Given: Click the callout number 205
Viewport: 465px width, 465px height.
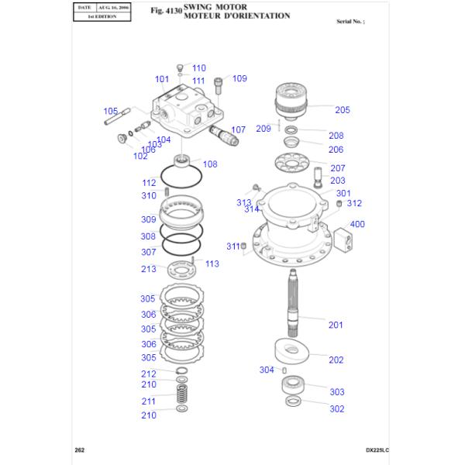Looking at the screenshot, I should point(343,109).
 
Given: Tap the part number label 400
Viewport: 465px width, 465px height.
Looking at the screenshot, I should point(357,225).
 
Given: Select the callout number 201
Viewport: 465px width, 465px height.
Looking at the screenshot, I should point(336,325).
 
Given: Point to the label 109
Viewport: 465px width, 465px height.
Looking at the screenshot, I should point(239,78).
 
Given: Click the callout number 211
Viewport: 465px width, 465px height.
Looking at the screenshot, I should point(148,401).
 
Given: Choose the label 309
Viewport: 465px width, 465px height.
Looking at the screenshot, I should point(148,220).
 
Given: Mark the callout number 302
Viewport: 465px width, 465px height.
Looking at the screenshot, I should point(337,409).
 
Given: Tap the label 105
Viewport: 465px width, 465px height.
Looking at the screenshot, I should point(110,111).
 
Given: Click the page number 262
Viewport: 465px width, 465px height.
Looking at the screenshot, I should point(79,450).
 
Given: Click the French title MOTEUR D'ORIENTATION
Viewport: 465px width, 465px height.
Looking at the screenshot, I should point(237,15).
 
